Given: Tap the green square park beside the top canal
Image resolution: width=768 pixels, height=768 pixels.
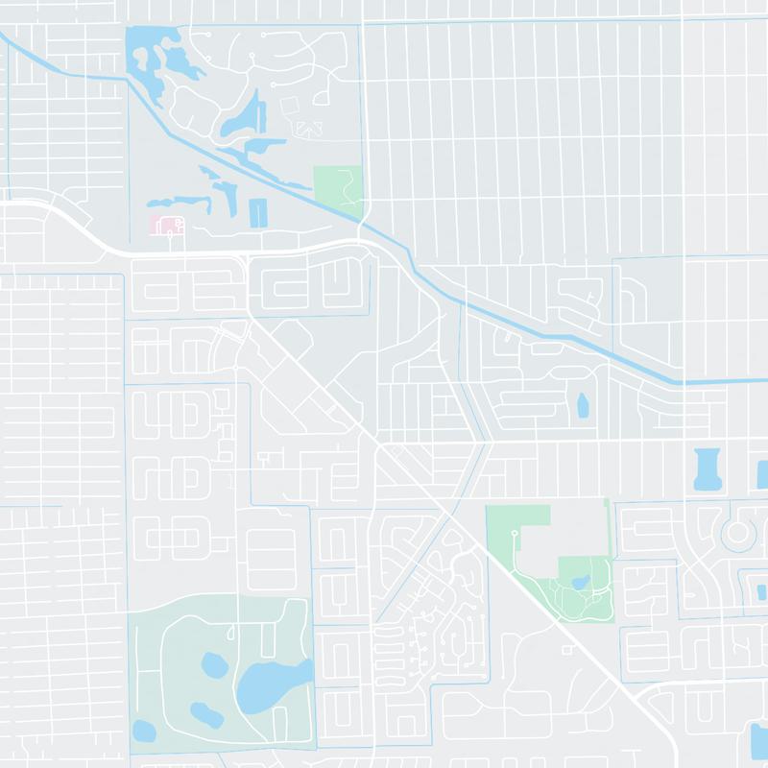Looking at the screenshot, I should point(338,185).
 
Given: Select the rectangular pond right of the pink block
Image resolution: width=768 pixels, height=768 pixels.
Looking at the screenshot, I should point(257,212).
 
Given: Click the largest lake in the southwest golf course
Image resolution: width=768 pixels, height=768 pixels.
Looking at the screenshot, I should point(273,683).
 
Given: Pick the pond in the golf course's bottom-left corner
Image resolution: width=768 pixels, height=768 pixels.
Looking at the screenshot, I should point(143,731).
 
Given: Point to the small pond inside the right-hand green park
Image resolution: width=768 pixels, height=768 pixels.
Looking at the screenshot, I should point(579,582).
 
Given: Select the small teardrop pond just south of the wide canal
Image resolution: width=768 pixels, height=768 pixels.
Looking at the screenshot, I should point(581,408).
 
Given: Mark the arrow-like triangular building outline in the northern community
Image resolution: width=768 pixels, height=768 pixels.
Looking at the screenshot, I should point(308,127).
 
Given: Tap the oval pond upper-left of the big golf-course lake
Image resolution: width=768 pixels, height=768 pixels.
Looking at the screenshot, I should point(210,662).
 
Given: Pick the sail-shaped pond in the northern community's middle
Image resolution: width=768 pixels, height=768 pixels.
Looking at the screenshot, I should point(241,116).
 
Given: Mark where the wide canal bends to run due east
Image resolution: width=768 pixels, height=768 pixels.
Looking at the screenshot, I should point(684,381).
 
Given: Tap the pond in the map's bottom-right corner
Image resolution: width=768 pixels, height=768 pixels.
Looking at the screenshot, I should point(758,740).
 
